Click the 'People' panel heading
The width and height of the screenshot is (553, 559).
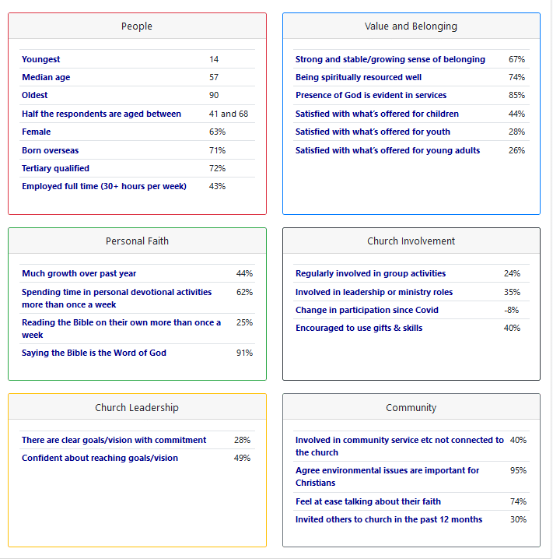coord(137,26)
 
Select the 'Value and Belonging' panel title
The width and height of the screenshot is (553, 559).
coord(411,26)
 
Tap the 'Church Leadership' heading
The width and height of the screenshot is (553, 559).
coord(137,408)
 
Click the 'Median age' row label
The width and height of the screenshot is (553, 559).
coord(46,77)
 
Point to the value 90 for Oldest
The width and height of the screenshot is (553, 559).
coord(214,95)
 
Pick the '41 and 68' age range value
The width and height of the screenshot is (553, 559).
coord(229,114)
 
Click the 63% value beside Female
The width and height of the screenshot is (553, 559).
coord(217,132)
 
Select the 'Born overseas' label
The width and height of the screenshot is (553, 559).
coord(51,150)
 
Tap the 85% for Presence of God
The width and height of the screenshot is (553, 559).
coord(516,95)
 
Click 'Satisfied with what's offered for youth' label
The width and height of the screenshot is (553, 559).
coord(373,132)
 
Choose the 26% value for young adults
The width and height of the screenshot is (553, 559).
coord(516,150)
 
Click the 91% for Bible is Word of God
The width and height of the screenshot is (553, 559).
coord(244,353)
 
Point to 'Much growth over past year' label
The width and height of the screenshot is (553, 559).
coord(79,273)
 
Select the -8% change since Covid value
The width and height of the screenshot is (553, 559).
coord(511,310)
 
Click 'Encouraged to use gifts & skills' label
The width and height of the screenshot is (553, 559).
coord(359,328)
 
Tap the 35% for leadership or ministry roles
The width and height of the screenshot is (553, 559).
coord(512,292)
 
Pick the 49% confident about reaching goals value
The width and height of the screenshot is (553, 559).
coord(242,458)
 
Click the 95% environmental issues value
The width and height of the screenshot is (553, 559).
coord(518,470)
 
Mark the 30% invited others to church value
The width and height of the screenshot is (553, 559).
coord(518,519)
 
